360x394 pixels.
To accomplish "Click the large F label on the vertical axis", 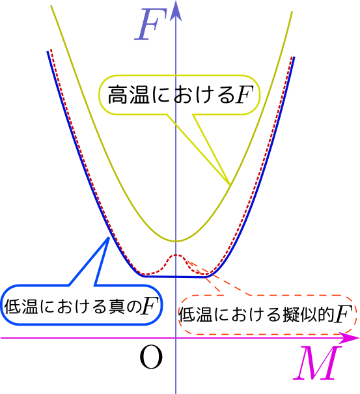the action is click(x=151, y=24).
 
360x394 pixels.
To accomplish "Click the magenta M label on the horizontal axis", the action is click(x=318, y=363).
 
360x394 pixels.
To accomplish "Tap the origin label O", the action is click(x=151, y=357).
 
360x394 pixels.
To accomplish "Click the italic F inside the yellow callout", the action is click(x=243, y=94).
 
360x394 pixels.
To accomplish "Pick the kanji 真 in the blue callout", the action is click(x=117, y=305).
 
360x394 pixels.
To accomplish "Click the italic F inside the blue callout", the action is click(x=150, y=305).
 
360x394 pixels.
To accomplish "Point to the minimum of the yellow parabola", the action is click(x=176, y=242).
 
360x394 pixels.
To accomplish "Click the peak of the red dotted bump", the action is click(x=176, y=255).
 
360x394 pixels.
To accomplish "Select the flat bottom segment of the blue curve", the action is click(x=175, y=277).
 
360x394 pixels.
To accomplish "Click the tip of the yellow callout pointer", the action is click(x=230, y=185).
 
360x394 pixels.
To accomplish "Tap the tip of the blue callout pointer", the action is click(x=109, y=238).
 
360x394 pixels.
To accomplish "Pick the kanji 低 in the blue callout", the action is click(x=12, y=305).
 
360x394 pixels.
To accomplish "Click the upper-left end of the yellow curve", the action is click(x=51, y=6).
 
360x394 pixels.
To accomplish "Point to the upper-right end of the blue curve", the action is click(x=294, y=57).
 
